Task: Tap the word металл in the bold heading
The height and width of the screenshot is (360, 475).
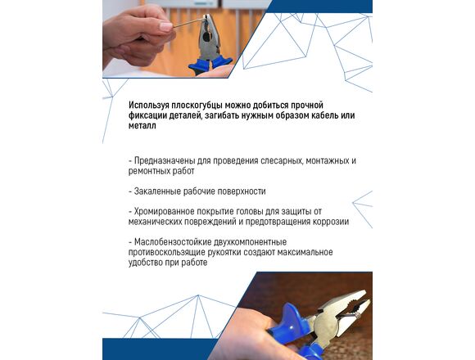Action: [x=142, y=125]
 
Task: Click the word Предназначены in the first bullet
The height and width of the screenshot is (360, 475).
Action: [x=165, y=161]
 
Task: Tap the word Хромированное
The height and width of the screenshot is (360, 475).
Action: [x=164, y=211]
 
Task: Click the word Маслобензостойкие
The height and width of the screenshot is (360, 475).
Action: [x=173, y=242]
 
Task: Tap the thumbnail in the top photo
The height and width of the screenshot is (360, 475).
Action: [x=165, y=26]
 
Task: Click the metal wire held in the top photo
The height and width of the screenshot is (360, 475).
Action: [x=188, y=23]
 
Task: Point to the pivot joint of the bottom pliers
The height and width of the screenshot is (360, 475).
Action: [x=327, y=326]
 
